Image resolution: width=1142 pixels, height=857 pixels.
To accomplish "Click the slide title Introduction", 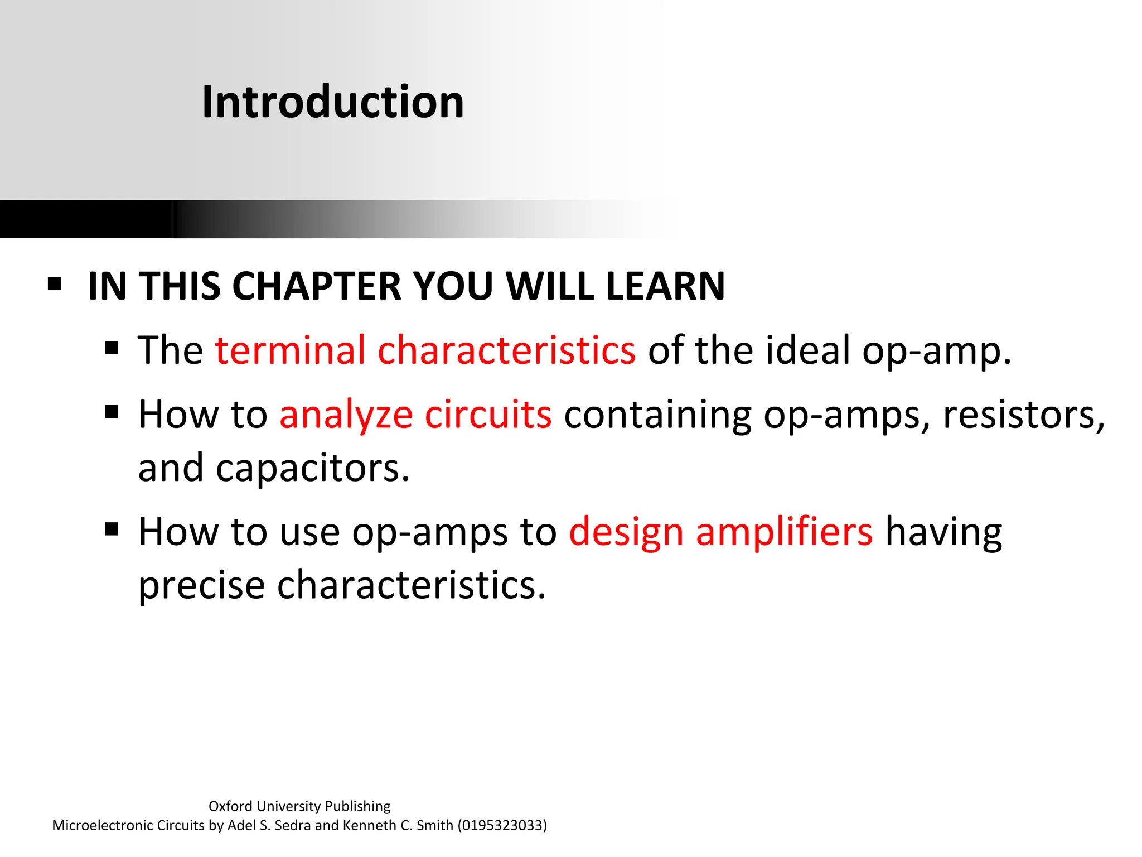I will (x=333, y=102).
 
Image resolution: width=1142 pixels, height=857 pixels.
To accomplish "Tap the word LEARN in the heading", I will (x=665, y=286).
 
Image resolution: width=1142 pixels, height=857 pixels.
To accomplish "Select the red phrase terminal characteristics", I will (x=425, y=350).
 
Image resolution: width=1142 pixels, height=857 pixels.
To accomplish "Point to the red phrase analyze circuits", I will (x=415, y=415).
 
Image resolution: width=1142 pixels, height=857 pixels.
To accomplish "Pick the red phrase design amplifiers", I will (x=720, y=532).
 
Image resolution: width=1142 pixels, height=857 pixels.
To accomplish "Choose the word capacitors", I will (x=312, y=468).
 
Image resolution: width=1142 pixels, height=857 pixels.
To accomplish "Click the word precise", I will (x=201, y=585).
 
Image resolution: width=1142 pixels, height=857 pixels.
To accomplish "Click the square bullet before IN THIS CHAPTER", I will (x=55, y=284).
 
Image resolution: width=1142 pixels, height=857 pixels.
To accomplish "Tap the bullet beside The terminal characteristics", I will (x=112, y=348).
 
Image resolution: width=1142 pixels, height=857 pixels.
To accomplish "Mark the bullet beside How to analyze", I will (x=112, y=412).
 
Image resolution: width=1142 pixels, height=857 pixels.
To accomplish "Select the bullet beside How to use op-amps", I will (x=112, y=529).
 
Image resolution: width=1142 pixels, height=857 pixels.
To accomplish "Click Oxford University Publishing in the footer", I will (x=299, y=806).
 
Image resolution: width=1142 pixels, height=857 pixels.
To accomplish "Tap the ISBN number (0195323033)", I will (x=502, y=825).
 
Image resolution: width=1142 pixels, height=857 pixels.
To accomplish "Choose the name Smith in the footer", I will (x=434, y=825).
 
